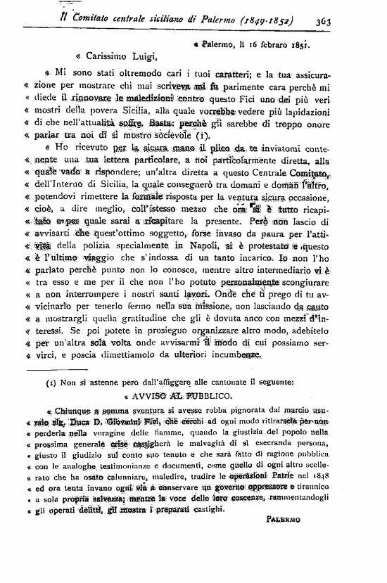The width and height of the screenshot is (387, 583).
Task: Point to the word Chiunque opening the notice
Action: pos(71,411)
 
